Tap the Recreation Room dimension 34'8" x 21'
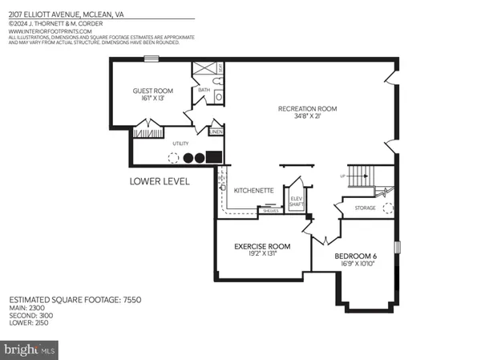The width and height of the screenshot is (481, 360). point(307,116)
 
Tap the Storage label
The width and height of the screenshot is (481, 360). point(366,208)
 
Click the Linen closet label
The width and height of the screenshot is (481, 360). point(216,131)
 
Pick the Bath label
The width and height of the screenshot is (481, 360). point(204,90)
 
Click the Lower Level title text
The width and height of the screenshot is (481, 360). point(160,182)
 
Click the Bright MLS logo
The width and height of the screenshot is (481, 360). point(30,350)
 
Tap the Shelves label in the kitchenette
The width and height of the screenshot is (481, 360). point(270,212)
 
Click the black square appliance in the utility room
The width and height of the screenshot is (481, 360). point(214,157)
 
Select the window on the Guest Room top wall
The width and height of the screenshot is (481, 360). point(151,58)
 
